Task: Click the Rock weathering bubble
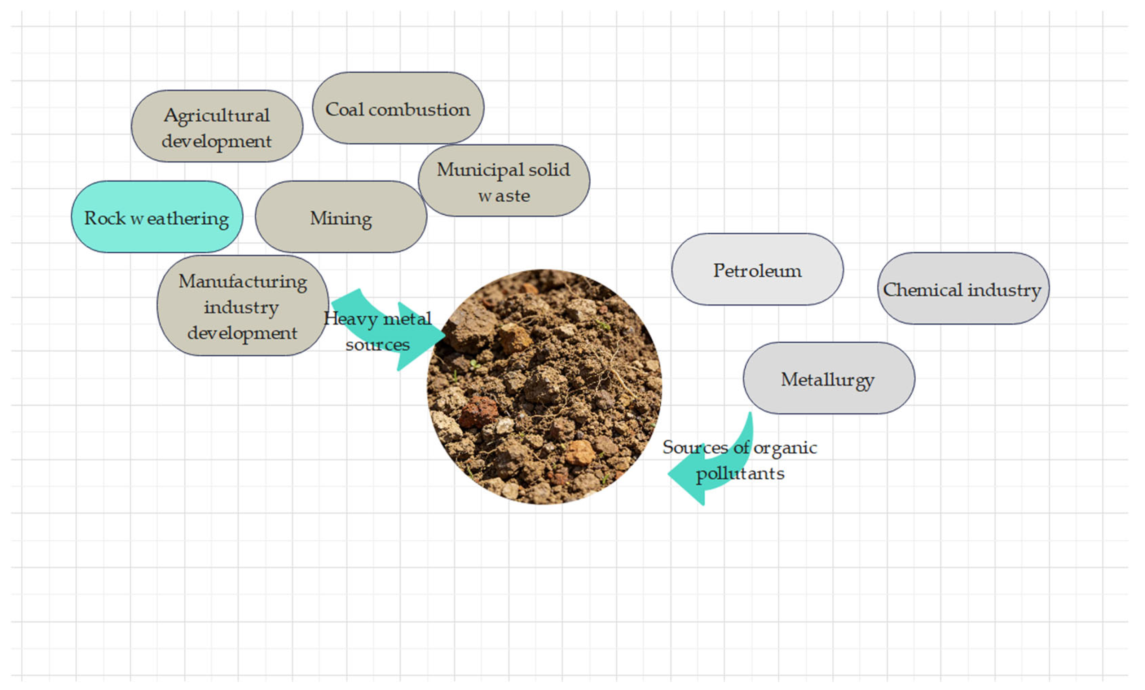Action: coord(157,217)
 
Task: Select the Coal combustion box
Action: coord(398,108)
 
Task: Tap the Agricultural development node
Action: coord(217,126)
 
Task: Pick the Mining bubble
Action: coord(341,217)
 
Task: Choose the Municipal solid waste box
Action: coord(504,181)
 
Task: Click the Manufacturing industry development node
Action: coord(243,306)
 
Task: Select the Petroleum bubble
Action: coord(757,269)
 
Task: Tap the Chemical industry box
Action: coord(963,289)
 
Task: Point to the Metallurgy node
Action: coord(828,378)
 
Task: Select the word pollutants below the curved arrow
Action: coord(740,474)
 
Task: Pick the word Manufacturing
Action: coord(243,282)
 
